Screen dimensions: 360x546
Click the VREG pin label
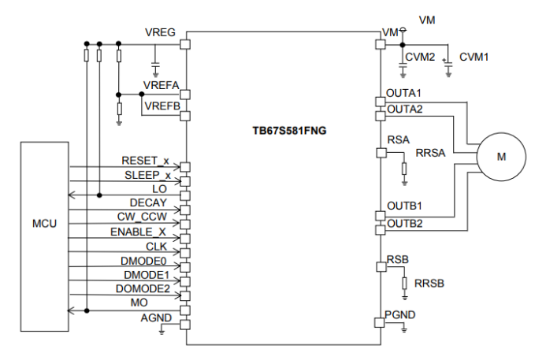tap(160, 33)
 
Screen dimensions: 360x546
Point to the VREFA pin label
tap(161, 85)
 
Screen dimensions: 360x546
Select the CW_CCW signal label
tap(144, 217)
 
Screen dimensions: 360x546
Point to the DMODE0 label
tap(144, 261)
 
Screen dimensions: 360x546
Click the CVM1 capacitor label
tap(474, 57)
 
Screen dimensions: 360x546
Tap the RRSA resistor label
tap(431, 153)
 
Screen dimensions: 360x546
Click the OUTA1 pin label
tap(404, 93)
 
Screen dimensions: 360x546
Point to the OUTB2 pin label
tap(404, 223)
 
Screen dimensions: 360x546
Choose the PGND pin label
tap(400, 315)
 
